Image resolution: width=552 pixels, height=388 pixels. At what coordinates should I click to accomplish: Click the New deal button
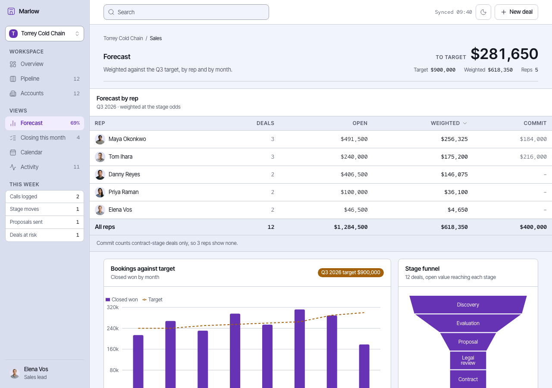(516, 12)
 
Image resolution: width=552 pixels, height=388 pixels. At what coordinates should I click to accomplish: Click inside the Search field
(186, 12)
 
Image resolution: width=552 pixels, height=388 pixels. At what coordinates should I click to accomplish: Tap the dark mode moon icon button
(483, 12)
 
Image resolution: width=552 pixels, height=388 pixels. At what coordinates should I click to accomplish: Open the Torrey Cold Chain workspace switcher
(44, 34)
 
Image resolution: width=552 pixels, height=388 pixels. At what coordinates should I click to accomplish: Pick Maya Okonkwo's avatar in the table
(100, 139)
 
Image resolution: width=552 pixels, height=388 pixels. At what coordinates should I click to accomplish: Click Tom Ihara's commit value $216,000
(533, 156)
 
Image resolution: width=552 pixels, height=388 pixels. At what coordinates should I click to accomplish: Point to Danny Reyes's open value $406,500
(354, 175)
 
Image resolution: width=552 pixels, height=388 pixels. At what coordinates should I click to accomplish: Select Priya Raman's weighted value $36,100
(456, 192)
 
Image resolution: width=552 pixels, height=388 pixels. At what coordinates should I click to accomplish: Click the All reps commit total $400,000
(533, 227)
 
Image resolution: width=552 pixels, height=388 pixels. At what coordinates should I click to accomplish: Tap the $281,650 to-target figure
(505, 54)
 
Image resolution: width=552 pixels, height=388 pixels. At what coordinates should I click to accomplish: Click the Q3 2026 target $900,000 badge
(351, 272)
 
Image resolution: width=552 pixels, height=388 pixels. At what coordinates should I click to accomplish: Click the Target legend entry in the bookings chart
(153, 300)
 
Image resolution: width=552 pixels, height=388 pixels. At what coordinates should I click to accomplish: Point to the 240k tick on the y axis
(113, 329)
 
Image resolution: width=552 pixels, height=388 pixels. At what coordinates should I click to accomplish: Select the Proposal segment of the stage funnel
(468, 342)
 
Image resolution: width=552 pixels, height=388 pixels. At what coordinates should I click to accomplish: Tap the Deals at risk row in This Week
(44, 235)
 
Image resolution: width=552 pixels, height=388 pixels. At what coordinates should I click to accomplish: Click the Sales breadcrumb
(156, 38)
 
